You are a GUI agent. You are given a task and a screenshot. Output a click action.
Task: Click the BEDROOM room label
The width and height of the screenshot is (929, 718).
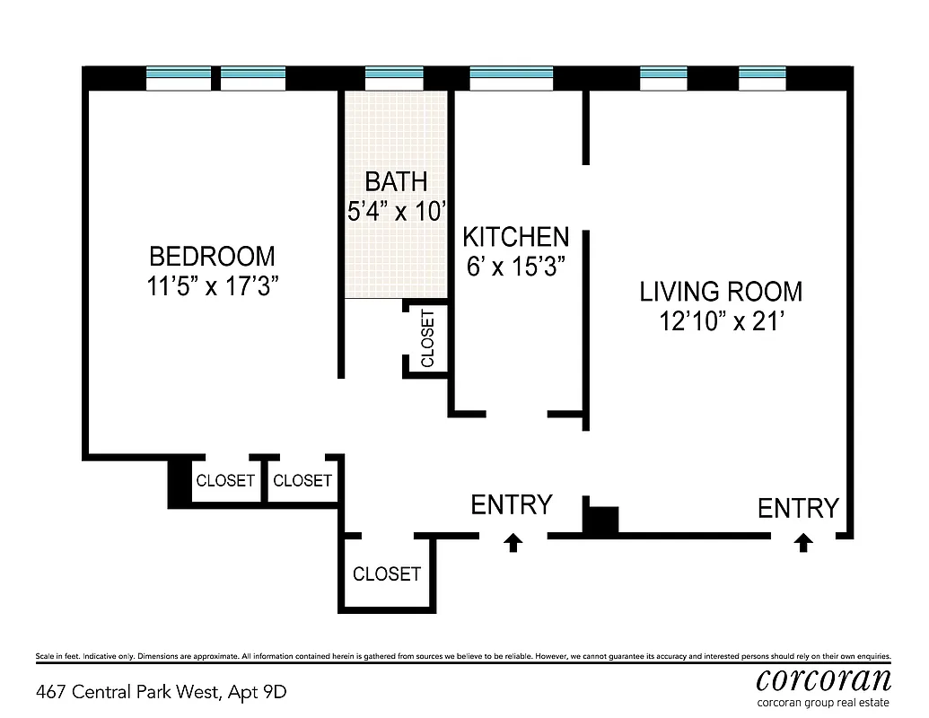[x=212, y=257]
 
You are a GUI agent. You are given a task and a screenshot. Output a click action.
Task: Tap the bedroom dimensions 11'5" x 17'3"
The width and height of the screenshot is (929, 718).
[x=212, y=286]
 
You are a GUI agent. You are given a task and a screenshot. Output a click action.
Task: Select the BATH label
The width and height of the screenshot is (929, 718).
[x=396, y=182]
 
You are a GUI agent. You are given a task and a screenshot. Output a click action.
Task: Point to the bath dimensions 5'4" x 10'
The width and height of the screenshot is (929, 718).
[x=397, y=212]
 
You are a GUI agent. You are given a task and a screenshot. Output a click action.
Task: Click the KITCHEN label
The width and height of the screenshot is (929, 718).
[x=515, y=237]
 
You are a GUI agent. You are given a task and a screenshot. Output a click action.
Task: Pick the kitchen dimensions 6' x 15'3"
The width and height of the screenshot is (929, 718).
[x=515, y=267]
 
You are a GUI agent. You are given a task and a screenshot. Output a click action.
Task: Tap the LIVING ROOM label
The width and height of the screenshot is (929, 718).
[x=721, y=292]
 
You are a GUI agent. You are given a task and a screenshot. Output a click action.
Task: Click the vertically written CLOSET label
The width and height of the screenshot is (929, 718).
[x=427, y=338]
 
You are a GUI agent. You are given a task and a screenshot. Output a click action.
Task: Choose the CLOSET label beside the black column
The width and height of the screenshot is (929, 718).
[x=225, y=481]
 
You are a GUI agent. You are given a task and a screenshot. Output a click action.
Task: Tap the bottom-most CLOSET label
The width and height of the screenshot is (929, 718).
[x=386, y=574]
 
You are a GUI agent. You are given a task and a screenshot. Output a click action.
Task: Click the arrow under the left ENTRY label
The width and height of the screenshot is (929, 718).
[x=513, y=542]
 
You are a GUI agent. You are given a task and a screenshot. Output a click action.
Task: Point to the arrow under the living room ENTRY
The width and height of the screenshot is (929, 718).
[x=803, y=542]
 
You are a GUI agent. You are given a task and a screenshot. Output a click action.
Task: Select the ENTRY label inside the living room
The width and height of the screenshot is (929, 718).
[x=798, y=509]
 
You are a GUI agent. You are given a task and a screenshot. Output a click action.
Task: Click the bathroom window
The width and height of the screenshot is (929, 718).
[x=394, y=79]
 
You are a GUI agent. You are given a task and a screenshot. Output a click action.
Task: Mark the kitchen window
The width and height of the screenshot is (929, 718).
[x=511, y=79]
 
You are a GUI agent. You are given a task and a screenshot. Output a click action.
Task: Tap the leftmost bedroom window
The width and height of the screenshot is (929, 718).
[x=179, y=79]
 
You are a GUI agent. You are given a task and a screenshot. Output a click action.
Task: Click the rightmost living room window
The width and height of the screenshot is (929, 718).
[x=762, y=79]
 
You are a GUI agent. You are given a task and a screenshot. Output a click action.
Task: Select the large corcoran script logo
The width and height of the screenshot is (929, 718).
[x=823, y=679]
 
